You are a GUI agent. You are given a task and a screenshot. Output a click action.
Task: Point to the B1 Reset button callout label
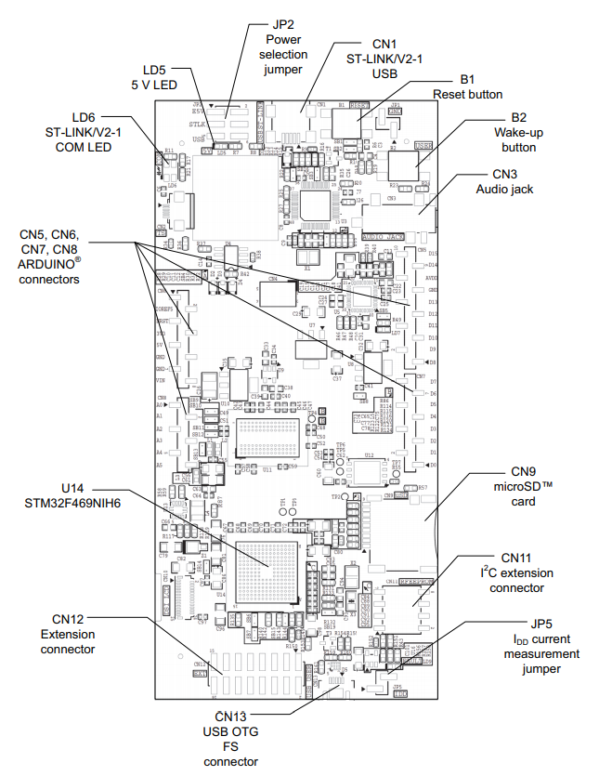[x=467, y=87]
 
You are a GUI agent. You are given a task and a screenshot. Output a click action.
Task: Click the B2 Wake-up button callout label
[x=518, y=133]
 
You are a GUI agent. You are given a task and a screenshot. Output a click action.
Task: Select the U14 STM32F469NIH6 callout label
[x=89, y=495]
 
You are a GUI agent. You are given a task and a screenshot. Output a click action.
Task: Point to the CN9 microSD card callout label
[x=516, y=488]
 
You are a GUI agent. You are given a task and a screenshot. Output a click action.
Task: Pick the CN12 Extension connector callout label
[x=67, y=634]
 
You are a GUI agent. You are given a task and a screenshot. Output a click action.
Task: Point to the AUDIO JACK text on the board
[x=384, y=236]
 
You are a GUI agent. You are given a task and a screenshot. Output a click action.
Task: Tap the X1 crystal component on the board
[x=306, y=263]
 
